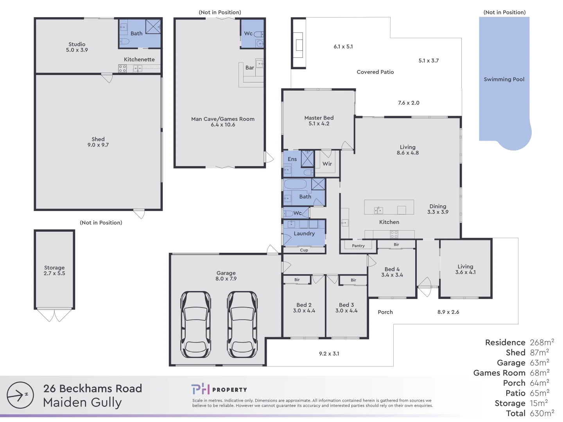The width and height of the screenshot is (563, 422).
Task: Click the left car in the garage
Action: point(196,324)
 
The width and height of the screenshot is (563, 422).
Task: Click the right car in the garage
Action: point(242,324)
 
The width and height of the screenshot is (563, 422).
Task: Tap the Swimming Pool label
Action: point(504,79)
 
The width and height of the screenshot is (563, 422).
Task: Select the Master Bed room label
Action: point(319,120)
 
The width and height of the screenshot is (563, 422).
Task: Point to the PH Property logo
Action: point(219,389)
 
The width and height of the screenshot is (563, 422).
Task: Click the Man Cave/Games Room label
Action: point(222,122)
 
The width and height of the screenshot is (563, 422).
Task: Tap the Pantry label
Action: point(358,246)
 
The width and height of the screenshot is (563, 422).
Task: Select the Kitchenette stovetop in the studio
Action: point(122,69)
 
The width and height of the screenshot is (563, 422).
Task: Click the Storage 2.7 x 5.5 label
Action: point(54,270)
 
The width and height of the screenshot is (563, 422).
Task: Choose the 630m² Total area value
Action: point(541,413)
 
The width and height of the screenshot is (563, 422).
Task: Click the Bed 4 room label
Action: point(392,272)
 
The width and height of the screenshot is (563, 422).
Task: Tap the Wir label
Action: point(327,164)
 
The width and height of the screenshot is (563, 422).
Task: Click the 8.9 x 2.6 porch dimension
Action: point(448,312)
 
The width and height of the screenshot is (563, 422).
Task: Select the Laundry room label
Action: point(304,233)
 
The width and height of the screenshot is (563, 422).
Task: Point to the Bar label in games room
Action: point(249,68)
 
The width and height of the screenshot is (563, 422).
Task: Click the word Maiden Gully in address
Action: point(82,402)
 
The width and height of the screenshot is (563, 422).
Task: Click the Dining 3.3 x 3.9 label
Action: point(437,209)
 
